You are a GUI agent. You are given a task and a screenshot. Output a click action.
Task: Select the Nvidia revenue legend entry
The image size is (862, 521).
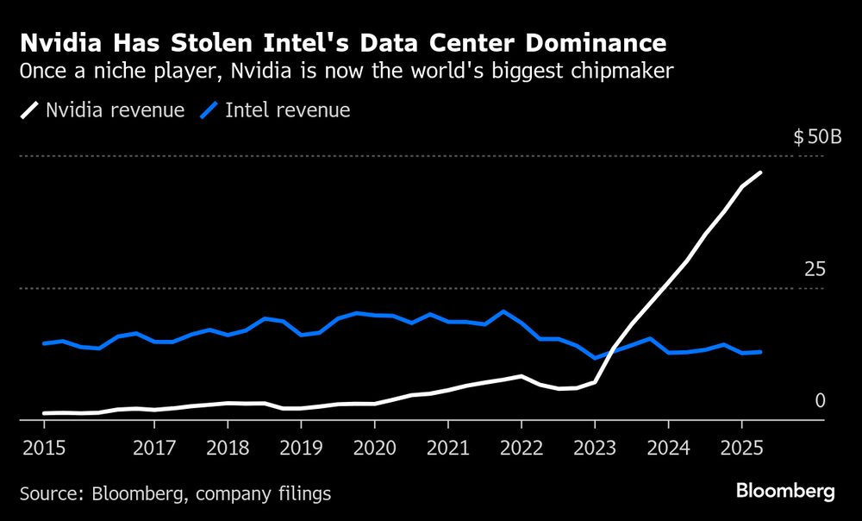103,110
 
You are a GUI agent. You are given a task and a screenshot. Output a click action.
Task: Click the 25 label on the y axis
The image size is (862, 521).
815,270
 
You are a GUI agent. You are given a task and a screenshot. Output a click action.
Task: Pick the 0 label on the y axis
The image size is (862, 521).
820,400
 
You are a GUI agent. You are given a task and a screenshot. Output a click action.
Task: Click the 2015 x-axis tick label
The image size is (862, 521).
44,448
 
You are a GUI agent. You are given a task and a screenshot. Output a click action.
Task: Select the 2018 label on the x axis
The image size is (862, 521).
228,448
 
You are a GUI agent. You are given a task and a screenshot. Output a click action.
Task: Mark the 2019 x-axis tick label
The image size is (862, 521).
301,448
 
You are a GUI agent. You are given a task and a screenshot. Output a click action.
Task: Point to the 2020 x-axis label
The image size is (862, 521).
374,448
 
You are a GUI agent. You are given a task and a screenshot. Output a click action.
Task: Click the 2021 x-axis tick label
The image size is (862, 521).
447,448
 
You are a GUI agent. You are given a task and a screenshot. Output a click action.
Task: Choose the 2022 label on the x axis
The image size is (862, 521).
521,448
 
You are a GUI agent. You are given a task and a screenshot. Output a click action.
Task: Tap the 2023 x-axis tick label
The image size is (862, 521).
595,448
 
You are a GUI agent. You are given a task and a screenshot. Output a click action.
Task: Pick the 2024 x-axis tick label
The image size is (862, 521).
668,448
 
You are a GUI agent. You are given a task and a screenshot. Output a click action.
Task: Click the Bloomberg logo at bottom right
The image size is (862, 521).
785,492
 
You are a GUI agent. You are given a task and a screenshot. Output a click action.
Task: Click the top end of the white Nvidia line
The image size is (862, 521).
760,173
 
